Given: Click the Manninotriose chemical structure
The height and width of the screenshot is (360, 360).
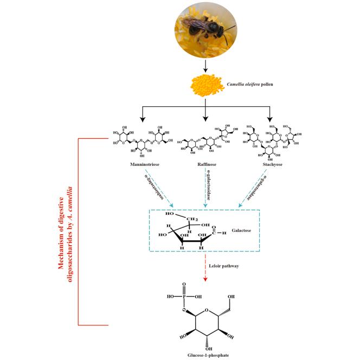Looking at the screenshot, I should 139,141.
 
